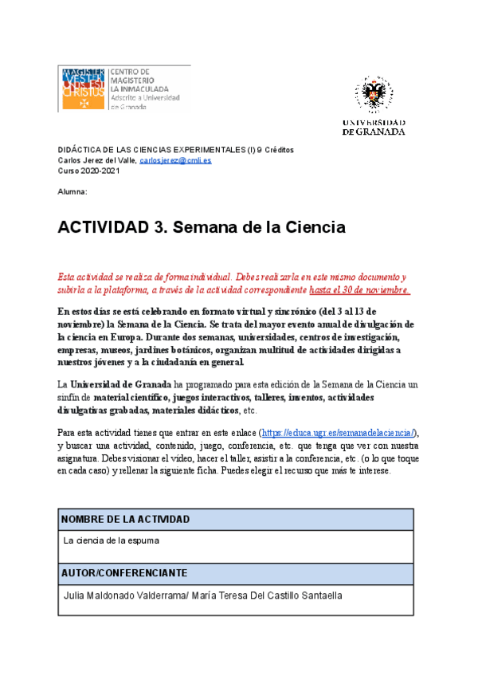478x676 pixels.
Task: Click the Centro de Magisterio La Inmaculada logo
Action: tap(123, 88)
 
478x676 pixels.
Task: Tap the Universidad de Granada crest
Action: tap(373, 96)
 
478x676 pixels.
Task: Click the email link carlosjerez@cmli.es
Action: tap(175, 160)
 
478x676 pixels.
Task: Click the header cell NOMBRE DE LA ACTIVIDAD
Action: tap(125, 519)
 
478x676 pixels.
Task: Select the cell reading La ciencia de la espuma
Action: tap(112, 540)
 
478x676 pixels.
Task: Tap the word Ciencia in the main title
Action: tap(307, 227)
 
